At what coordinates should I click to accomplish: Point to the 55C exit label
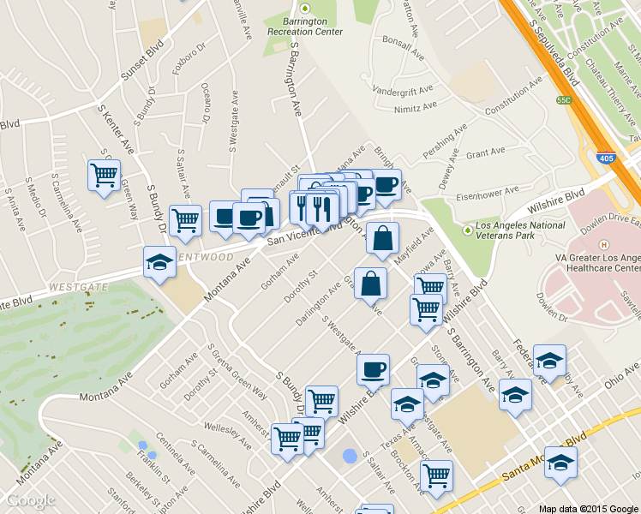pyautogui.click(x=563, y=100)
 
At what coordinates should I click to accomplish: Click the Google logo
pyautogui.click(x=32, y=500)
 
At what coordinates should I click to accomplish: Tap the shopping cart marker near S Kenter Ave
pyautogui.click(x=104, y=176)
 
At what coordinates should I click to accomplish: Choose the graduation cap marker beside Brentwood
pyautogui.click(x=159, y=262)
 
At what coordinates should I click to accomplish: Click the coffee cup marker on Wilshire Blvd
pyautogui.click(x=373, y=370)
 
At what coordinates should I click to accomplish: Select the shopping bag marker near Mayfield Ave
pyautogui.click(x=382, y=239)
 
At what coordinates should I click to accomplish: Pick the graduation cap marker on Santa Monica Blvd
pyautogui.click(x=560, y=463)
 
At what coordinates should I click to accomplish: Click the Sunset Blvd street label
pyautogui.click(x=141, y=64)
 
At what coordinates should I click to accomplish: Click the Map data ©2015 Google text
pyautogui.click(x=587, y=509)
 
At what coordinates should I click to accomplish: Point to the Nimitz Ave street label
pyautogui.click(x=415, y=106)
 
